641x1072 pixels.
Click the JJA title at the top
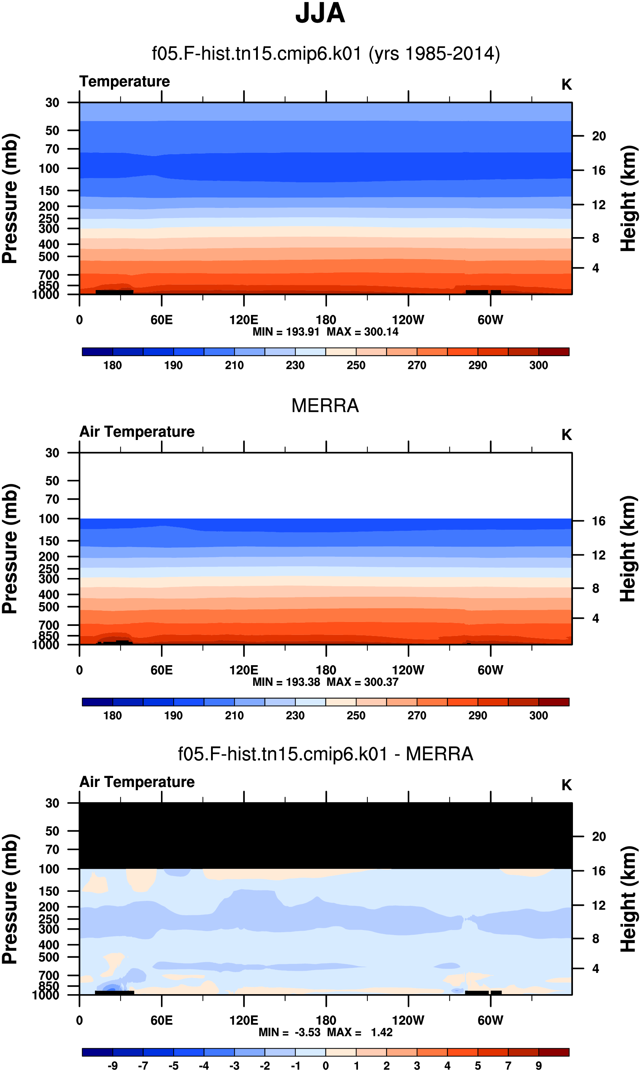click(320, 13)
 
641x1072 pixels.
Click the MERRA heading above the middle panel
click(325, 406)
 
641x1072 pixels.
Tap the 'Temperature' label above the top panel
click(125, 81)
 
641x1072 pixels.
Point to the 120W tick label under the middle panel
click(408, 670)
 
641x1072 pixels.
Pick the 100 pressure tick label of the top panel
click(49, 169)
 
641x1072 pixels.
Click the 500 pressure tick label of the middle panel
click(49, 607)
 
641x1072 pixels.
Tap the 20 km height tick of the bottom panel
click(599, 836)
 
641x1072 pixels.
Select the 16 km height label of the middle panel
click(599, 521)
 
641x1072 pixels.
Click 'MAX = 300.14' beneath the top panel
click(362, 332)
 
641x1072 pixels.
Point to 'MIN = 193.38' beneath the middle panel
click(286, 682)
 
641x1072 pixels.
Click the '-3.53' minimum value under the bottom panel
click(308, 1033)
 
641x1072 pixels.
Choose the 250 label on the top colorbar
click(356, 365)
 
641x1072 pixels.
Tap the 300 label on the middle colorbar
click(539, 716)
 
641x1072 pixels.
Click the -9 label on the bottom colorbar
click(113, 1066)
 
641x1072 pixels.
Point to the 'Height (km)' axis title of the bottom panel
click(628, 899)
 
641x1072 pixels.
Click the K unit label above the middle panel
click(567, 435)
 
